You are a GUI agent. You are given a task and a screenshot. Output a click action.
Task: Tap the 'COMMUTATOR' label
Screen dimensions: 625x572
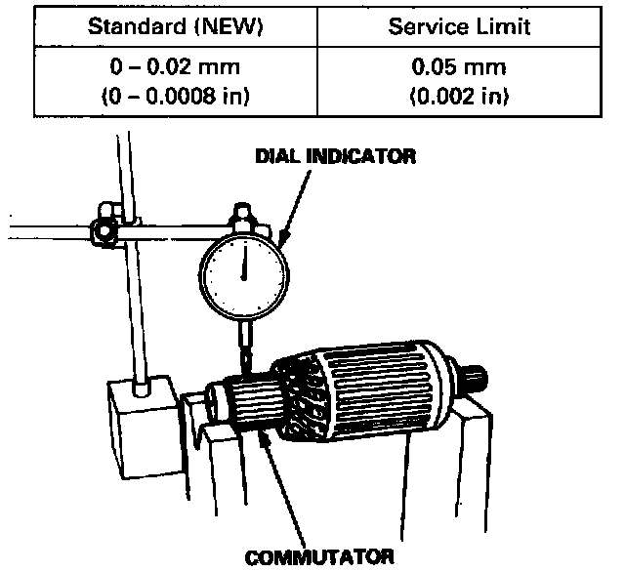coord(320,557)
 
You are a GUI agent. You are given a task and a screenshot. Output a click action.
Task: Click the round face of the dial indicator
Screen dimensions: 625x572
coord(244,265)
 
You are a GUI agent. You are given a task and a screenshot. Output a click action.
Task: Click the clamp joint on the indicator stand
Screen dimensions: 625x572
coord(102,231)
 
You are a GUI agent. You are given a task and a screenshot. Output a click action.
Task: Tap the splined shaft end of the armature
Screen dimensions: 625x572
coord(479,376)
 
